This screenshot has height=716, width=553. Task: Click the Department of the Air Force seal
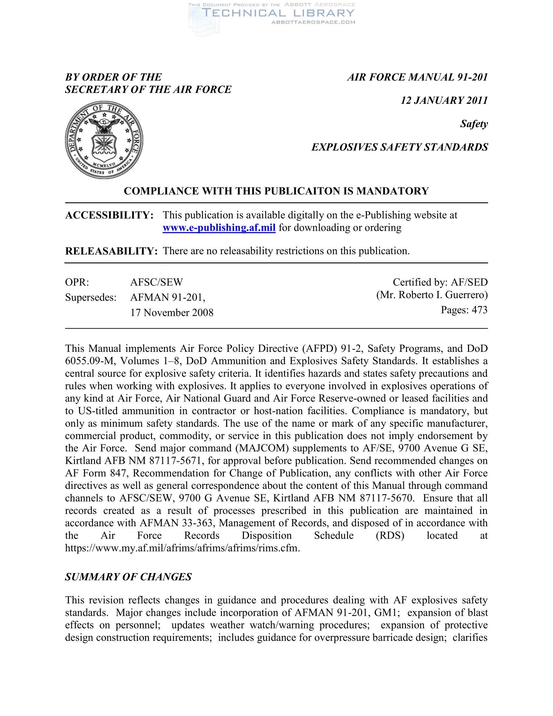click(x=104, y=140)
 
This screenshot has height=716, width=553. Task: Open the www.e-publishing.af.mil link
click(x=219, y=227)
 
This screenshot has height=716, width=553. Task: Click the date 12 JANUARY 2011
click(x=444, y=100)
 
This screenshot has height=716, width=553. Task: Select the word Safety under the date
click(x=474, y=124)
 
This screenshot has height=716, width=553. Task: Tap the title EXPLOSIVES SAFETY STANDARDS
click(x=399, y=147)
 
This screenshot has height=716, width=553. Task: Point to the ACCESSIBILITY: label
click(x=109, y=215)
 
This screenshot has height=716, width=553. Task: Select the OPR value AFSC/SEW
click(x=156, y=282)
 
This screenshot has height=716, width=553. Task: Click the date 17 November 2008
click(x=172, y=312)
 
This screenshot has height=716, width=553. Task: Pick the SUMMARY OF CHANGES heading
click(x=128, y=577)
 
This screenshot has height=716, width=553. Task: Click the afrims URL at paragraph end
click(x=182, y=548)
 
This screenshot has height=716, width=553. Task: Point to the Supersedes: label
click(x=90, y=297)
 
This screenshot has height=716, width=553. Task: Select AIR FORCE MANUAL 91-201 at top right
click(x=417, y=77)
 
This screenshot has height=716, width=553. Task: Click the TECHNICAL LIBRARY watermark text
click(x=278, y=13)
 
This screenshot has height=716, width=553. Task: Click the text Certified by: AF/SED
click(x=440, y=282)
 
